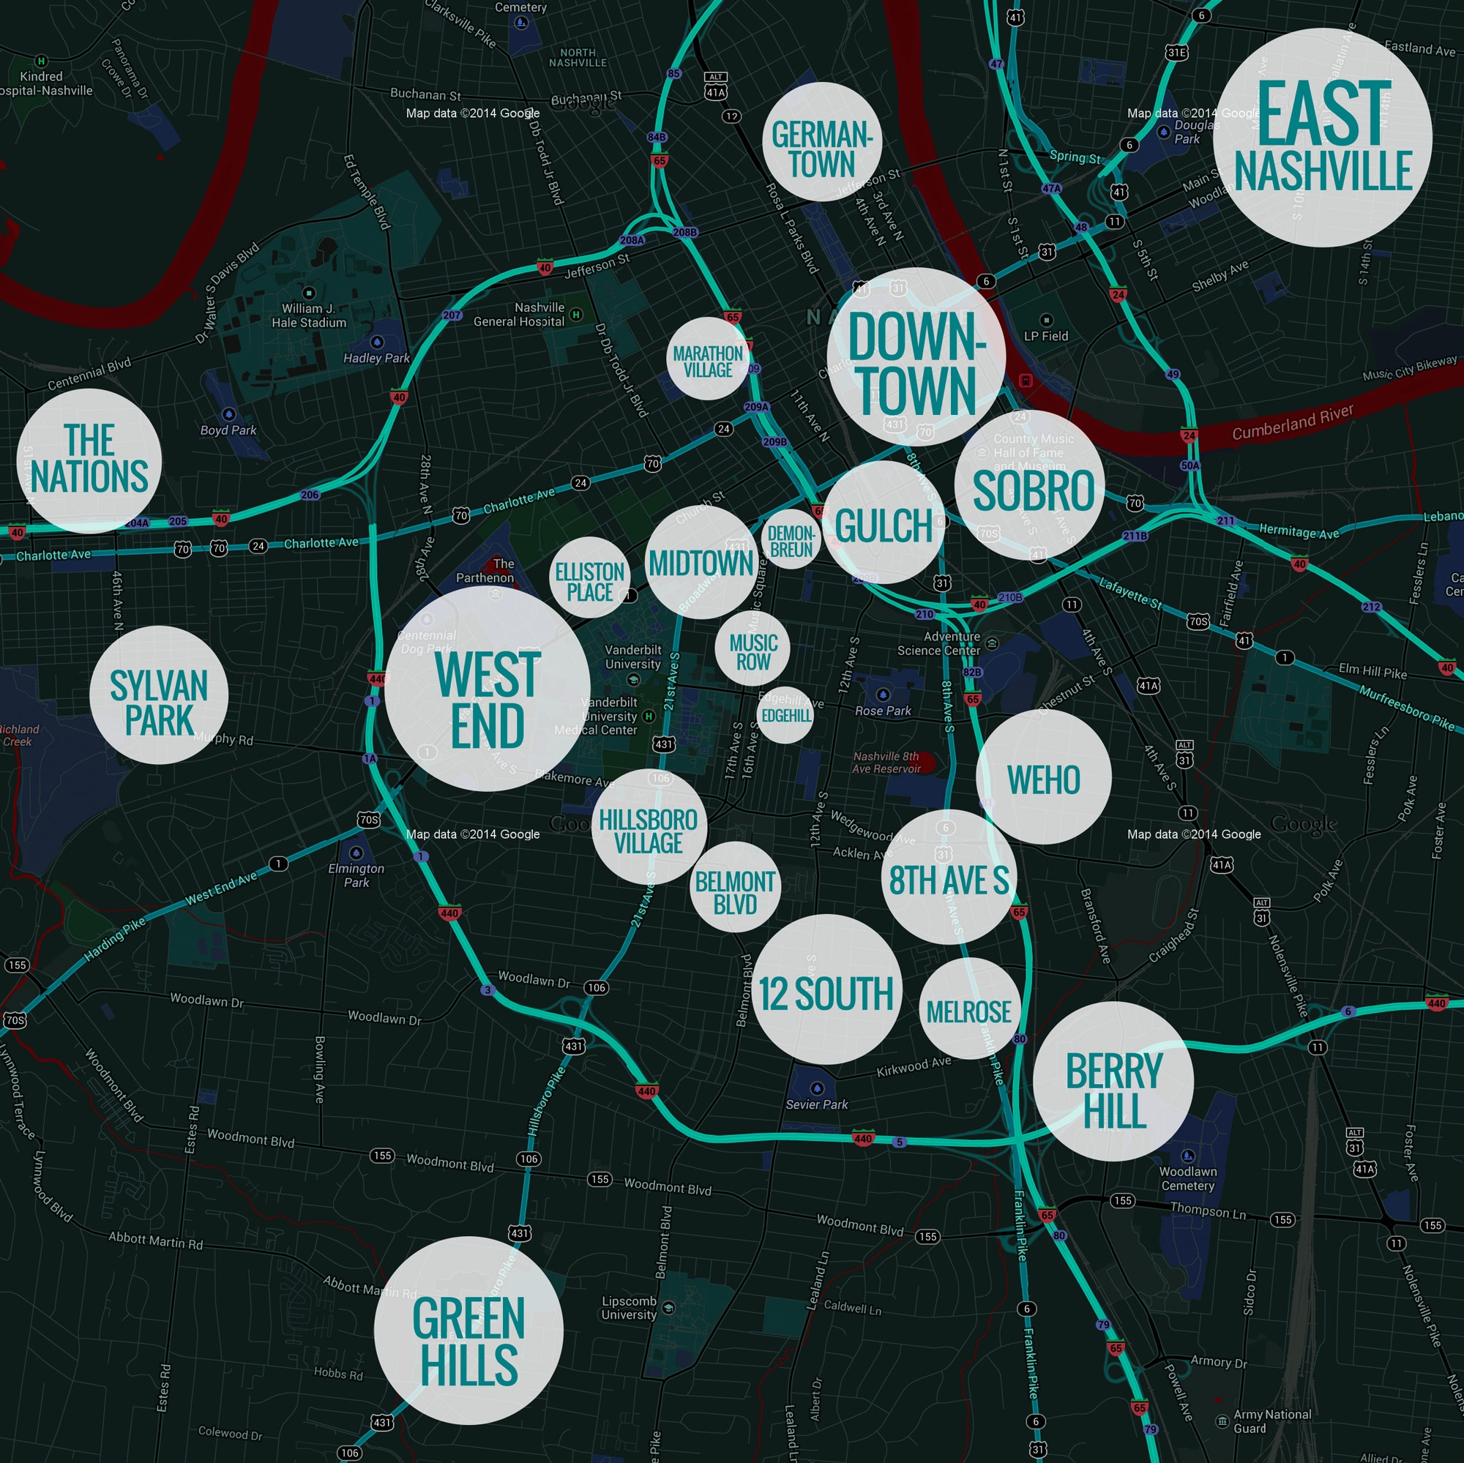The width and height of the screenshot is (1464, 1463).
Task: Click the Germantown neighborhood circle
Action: (822, 142)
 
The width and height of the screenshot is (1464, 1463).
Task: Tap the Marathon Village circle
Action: (708, 359)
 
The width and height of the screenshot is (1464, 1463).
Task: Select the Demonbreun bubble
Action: (791, 539)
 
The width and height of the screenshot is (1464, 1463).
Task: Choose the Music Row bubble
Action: (752, 648)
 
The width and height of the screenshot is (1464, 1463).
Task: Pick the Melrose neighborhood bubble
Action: (968, 1009)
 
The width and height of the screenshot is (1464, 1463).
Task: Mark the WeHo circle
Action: (1043, 777)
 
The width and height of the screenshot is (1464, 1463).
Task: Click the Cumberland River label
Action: (1292, 422)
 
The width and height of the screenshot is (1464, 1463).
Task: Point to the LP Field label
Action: (1046, 336)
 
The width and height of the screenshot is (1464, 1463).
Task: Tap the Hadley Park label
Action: (376, 358)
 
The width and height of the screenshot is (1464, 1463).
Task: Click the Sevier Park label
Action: (816, 1104)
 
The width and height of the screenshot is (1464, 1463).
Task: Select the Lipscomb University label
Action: (629, 1308)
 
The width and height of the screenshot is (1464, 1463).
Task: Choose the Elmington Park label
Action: (356, 875)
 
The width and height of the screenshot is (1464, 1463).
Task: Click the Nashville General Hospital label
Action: (519, 315)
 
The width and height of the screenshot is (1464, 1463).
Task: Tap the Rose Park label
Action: (883, 711)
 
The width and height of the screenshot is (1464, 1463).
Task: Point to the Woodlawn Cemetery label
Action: (1187, 1178)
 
